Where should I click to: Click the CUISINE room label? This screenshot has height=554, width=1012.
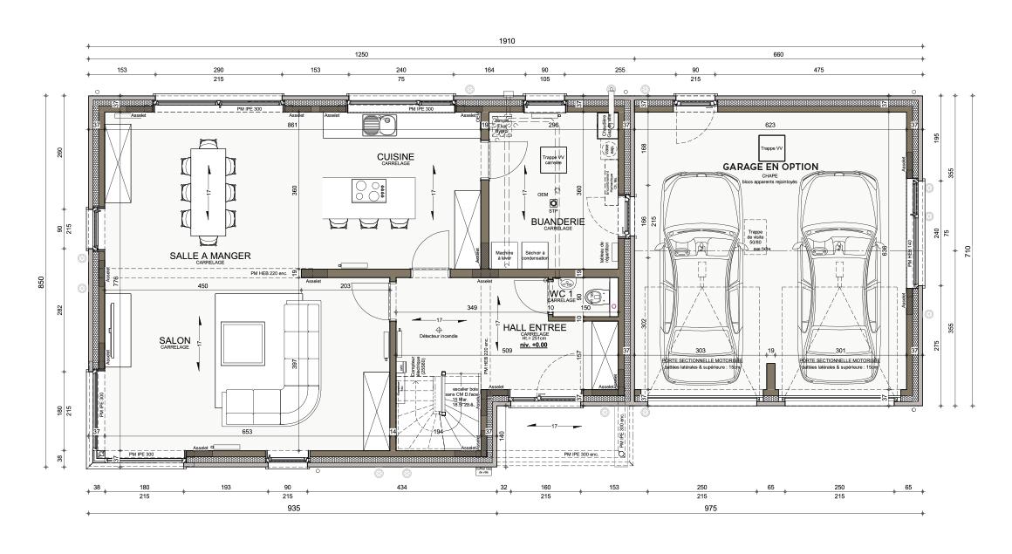(395, 157)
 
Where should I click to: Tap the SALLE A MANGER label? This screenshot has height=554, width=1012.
(210, 256)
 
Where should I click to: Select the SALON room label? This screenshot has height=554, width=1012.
(174, 340)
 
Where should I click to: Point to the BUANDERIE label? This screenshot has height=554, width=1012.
(557, 222)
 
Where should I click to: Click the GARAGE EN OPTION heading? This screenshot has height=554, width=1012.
(769, 167)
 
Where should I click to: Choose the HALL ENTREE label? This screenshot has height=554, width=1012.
(535, 327)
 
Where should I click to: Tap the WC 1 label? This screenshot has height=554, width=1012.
(561, 294)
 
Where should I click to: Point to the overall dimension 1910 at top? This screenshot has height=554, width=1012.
(506, 41)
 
